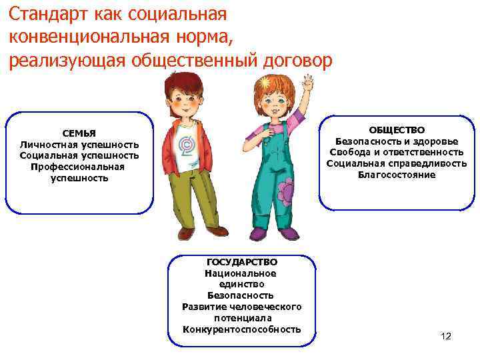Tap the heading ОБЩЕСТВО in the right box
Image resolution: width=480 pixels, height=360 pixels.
(397, 130)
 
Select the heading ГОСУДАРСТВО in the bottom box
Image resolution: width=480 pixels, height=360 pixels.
(242, 263)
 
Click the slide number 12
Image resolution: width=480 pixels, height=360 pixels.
(446, 335)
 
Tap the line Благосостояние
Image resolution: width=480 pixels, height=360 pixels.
(397, 175)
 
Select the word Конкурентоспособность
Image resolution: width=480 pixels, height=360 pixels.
(242, 329)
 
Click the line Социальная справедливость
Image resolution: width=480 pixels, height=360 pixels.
(397, 164)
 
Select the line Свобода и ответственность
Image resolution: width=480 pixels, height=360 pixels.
(397, 153)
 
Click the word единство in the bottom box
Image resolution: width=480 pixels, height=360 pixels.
(242, 285)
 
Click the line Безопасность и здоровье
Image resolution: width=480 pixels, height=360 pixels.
(397, 141)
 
